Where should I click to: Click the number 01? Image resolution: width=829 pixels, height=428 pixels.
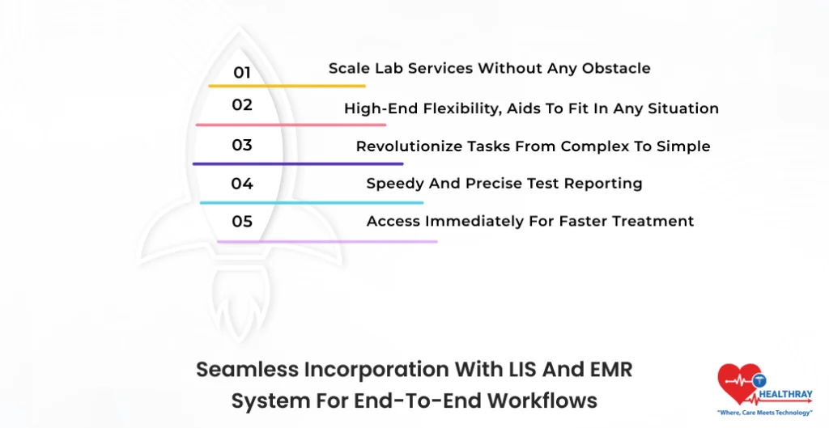[242, 73]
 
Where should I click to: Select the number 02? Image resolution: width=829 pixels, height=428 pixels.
[242, 105]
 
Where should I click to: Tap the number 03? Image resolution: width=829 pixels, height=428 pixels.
[242, 146]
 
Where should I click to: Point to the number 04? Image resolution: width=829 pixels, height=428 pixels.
[242, 184]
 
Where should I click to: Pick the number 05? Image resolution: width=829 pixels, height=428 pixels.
[242, 222]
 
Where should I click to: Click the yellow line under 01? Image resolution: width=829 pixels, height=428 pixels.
[287, 86]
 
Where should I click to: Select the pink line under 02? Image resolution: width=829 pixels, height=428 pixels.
[291, 125]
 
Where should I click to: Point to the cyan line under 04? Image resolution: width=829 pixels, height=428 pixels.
[311, 202]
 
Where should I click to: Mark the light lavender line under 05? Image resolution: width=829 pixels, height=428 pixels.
[327, 241]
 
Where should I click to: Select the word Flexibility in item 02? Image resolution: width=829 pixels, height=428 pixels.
[457, 108]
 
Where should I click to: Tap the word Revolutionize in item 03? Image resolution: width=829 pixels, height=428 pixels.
[410, 147]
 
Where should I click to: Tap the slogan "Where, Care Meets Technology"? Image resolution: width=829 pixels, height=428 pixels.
[765, 413]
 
